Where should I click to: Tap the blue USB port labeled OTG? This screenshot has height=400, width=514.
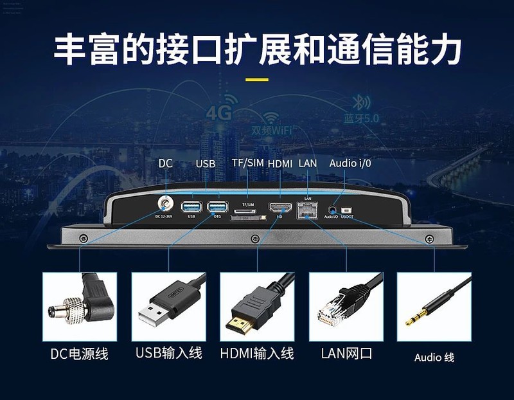[x=217, y=206]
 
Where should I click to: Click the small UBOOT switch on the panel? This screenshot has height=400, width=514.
[x=348, y=210]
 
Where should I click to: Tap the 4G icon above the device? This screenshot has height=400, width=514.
[x=218, y=113]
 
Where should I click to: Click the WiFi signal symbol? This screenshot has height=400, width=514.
[x=272, y=118]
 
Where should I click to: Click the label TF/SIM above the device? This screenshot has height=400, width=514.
[x=247, y=163]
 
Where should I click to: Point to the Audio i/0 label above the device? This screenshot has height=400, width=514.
[x=350, y=163]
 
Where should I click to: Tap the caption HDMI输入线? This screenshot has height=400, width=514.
[x=256, y=354]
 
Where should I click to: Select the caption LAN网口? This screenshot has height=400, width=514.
[x=346, y=354]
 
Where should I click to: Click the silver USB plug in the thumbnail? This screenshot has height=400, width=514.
[x=154, y=316]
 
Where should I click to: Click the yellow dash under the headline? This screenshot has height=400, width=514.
[x=257, y=80]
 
